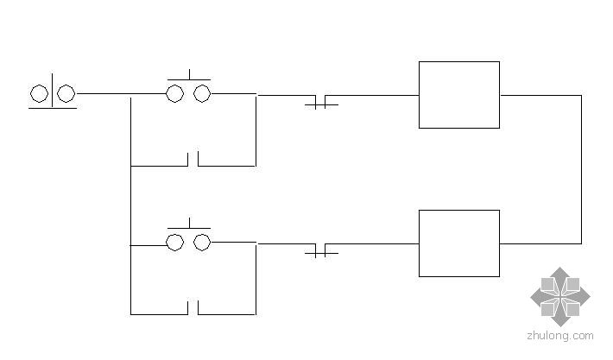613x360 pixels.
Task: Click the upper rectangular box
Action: [x=458, y=95]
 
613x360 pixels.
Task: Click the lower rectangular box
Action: [x=458, y=243]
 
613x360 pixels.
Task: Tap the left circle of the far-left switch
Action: [x=39, y=93]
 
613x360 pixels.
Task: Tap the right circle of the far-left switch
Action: [x=66, y=93]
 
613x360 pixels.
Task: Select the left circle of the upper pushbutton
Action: [x=175, y=93]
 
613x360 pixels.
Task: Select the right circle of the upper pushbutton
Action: [x=202, y=93]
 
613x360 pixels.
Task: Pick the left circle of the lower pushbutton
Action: [x=175, y=243]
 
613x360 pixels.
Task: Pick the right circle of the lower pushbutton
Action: [x=202, y=243]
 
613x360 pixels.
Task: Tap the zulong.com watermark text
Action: [x=560, y=336]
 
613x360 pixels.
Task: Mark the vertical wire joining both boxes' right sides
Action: [x=581, y=169]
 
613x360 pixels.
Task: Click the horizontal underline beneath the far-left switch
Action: [x=52, y=108]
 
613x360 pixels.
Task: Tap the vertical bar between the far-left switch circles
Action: [x=52, y=90]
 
